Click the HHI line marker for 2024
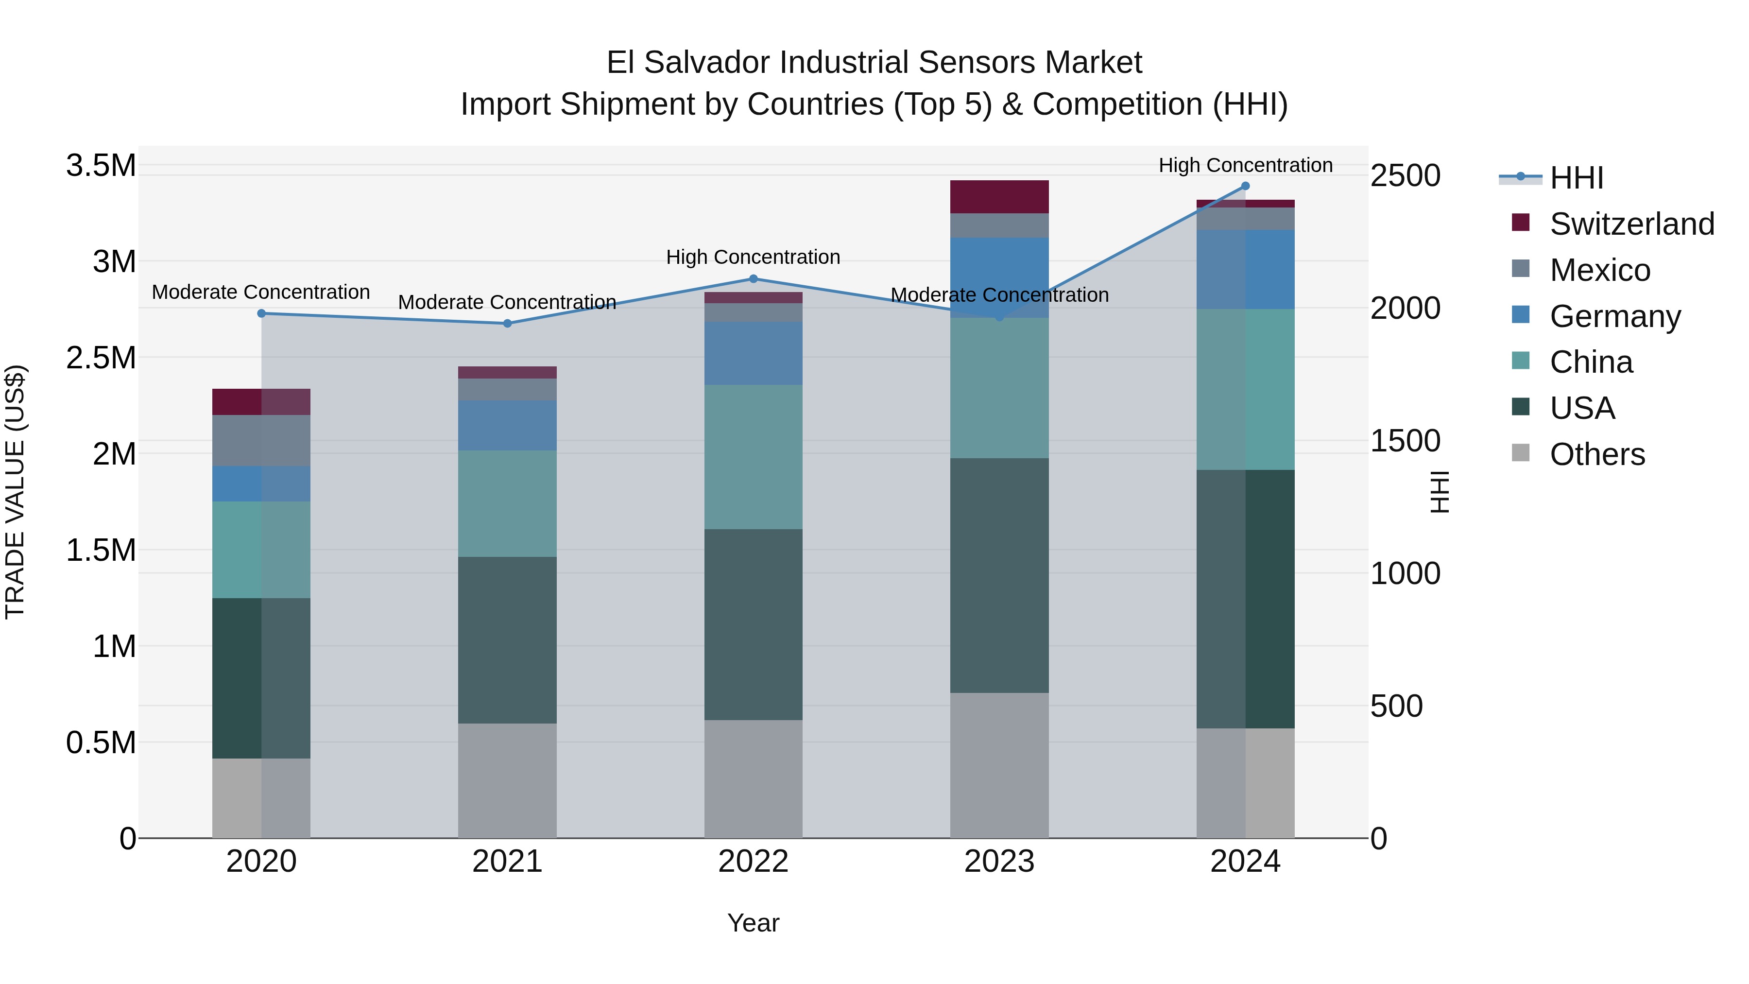[x=1245, y=186]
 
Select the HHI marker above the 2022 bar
[x=753, y=278]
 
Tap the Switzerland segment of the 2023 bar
[x=999, y=197]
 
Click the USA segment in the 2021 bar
[x=507, y=639]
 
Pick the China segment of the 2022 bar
[x=753, y=456]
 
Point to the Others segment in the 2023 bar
[x=999, y=765]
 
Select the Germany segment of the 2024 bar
[x=1245, y=270]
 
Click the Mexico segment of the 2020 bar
[x=261, y=440]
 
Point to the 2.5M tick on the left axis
[x=101, y=358]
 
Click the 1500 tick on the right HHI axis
[x=1405, y=441]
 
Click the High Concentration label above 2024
[x=1245, y=165]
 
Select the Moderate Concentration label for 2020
[x=261, y=292]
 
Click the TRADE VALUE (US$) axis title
[x=15, y=492]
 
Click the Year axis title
[x=753, y=923]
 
